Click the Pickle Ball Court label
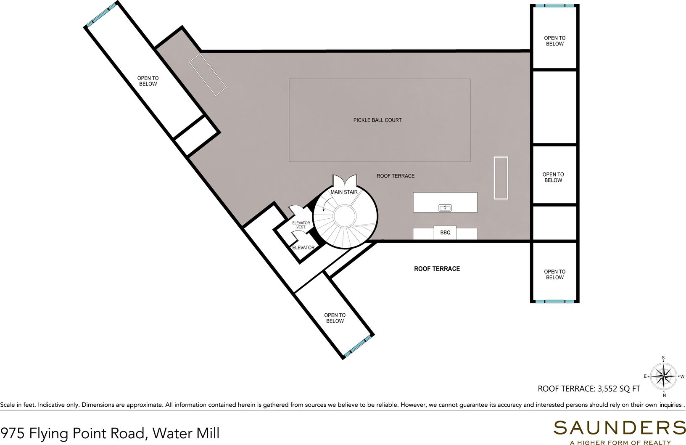click(x=377, y=120)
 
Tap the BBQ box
click(x=445, y=233)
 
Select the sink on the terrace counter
click(x=445, y=207)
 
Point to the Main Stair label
click(x=344, y=192)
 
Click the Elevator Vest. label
click(x=301, y=225)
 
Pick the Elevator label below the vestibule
click(x=303, y=248)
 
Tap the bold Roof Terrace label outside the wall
click(x=437, y=269)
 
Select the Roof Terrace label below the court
click(x=395, y=176)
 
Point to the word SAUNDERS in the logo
click(x=620, y=428)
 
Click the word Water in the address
click(x=167, y=432)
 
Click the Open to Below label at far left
click(x=148, y=81)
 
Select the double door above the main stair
click(x=344, y=181)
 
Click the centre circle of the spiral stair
click(x=346, y=217)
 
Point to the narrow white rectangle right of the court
click(x=501, y=177)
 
